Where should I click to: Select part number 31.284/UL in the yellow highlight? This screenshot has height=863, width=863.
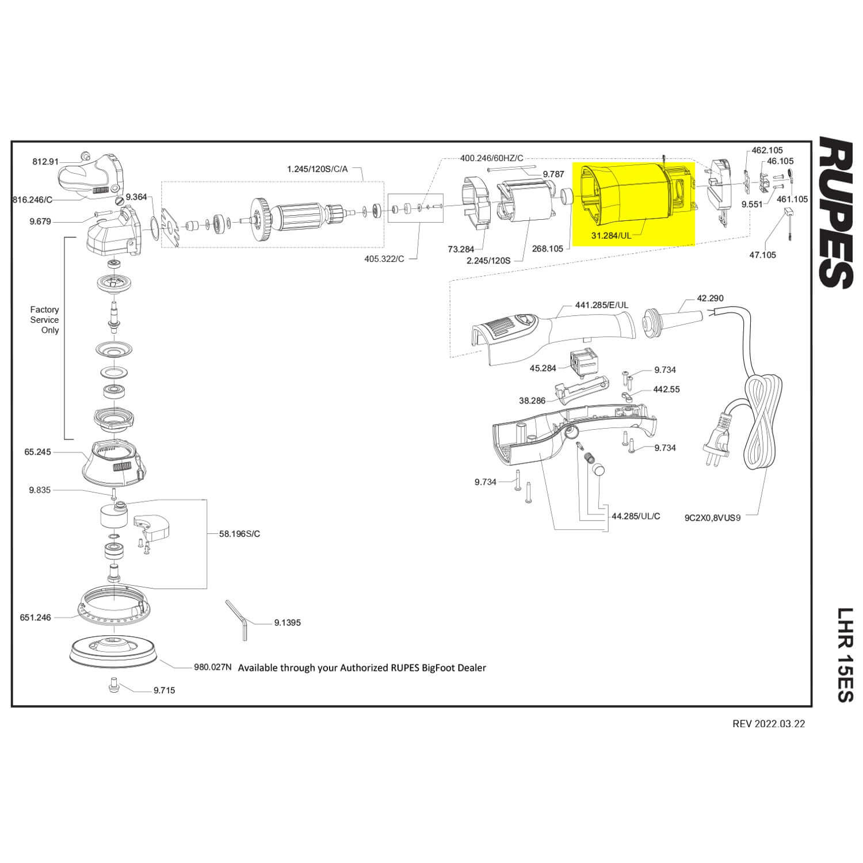tap(611, 235)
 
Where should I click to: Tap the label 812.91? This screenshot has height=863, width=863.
tap(45, 162)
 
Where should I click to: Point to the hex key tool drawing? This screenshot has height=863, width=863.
tap(237, 619)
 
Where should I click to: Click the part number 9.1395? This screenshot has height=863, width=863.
tap(288, 623)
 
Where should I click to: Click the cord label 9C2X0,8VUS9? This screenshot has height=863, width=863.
tap(712, 517)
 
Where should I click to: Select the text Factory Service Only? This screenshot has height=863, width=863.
tap(45, 320)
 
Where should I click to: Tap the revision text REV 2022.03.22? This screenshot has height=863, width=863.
tap(769, 724)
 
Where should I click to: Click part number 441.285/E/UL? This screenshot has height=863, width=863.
tap(602, 305)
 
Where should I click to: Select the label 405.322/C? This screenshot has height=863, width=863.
tap(384, 259)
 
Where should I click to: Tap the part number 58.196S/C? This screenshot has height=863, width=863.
tap(239, 533)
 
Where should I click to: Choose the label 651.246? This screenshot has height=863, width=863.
tap(36, 617)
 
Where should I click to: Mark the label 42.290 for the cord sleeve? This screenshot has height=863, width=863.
tap(710, 298)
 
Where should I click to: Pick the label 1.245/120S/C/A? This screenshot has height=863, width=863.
tap(318, 169)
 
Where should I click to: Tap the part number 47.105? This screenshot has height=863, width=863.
tap(762, 255)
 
